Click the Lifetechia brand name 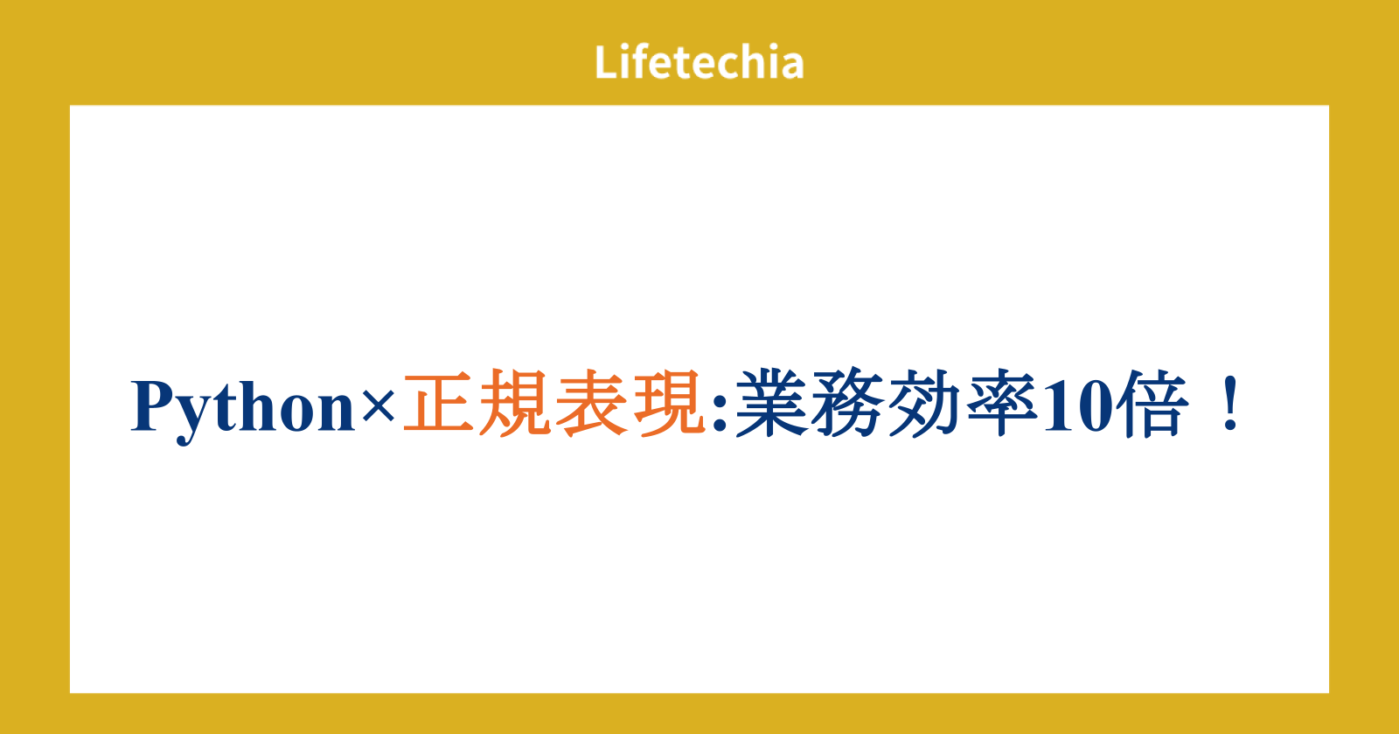(699, 62)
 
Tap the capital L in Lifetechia (607, 62)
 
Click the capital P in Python (154, 405)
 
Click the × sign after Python (378, 407)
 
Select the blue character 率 (1000, 402)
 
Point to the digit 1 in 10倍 (1058, 405)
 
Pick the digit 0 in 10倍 (1094, 406)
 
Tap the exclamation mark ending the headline (1231, 403)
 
